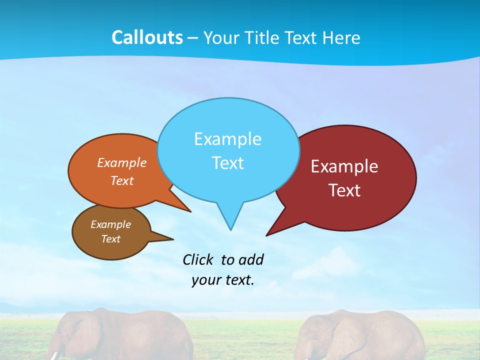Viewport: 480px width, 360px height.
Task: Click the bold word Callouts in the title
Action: (147, 37)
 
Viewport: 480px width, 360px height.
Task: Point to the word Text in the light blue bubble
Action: (227, 162)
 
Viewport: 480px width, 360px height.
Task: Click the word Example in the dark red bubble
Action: (344, 166)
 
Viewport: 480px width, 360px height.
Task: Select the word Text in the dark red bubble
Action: (344, 190)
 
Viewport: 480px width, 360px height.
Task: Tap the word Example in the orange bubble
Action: (122, 162)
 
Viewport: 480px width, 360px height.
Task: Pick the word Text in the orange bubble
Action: (122, 180)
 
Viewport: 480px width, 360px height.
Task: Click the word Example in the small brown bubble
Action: (110, 224)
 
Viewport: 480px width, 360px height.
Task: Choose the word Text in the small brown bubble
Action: (110, 239)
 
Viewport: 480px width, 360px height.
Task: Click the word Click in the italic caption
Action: (199, 259)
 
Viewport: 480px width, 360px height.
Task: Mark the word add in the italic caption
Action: (251, 259)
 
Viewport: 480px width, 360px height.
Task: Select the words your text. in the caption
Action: (223, 280)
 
